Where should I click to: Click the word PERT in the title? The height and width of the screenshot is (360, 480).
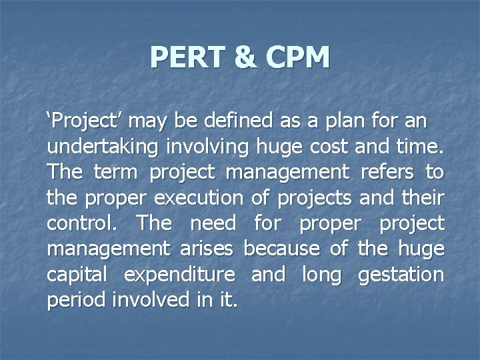click(187, 57)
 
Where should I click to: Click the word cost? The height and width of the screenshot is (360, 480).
click(322, 147)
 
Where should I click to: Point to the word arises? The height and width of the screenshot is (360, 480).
click(205, 249)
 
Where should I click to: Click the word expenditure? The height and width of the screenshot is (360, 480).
click(179, 274)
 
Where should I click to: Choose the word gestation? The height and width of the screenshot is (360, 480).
click(400, 274)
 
